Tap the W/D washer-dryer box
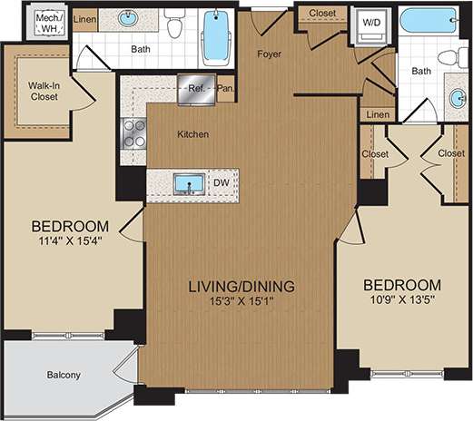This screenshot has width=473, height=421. click(371, 23)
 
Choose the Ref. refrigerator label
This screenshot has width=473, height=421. click(195, 89)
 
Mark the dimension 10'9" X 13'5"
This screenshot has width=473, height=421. click(405, 299)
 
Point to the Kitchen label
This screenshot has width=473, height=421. click(192, 134)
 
